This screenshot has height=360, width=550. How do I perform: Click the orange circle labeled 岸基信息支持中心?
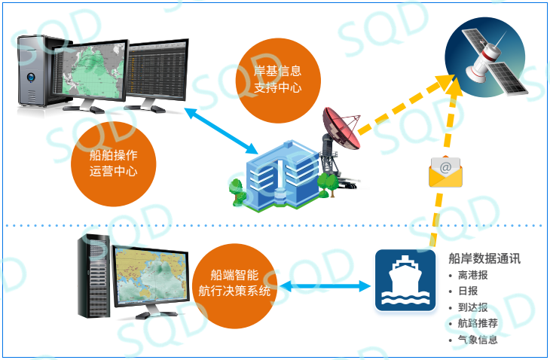tap(278, 81)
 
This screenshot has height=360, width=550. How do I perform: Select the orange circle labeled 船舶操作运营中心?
tap(113, 163)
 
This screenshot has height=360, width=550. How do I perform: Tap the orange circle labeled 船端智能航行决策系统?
tap(234, 286)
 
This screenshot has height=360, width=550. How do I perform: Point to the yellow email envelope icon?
tap(445, 172)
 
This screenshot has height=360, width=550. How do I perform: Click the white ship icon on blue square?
tap(405, 280)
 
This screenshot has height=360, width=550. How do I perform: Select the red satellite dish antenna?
tap(341, 128)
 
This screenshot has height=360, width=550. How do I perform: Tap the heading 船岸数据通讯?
tap(484, 258)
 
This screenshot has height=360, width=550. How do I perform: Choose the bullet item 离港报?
tap(473, 275)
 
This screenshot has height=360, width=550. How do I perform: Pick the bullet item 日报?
tap(468, 291)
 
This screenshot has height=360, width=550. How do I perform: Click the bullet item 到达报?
tap(473, 307)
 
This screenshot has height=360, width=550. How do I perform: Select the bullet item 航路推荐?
tap(478, 323)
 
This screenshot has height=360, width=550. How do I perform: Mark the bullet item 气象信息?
tap(478, 340)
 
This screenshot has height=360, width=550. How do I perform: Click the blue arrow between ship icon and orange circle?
tap(325, 286)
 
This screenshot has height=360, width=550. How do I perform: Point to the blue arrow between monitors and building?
tap(221, 131)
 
